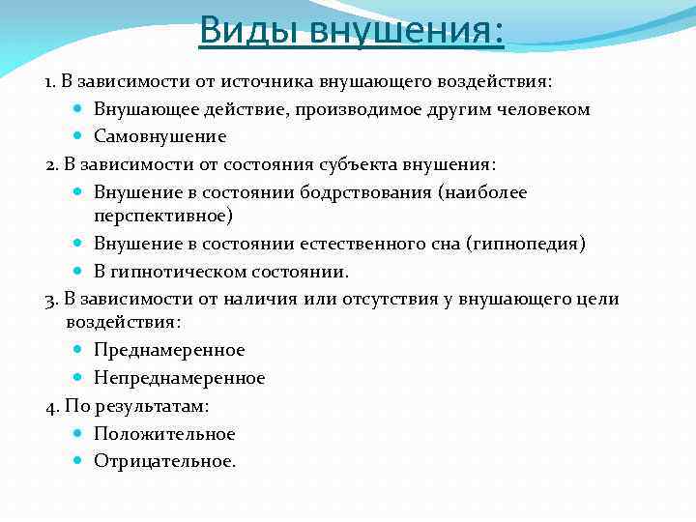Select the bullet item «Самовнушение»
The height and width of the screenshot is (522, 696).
tap(159, 136)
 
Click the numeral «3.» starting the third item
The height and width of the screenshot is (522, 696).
tap(52, 300)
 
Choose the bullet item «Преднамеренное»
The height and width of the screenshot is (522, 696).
tap(169, 350)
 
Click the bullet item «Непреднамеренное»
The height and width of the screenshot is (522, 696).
tap(179, 378)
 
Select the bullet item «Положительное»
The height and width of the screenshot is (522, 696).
tap(164, 434)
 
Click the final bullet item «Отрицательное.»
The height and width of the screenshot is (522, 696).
tap(164, 461)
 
